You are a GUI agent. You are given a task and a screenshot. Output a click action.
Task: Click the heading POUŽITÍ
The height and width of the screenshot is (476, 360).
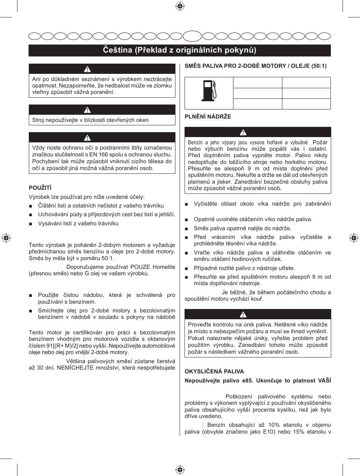[40, 188]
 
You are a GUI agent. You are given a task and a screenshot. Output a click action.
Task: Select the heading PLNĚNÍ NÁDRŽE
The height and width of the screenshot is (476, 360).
[208, 117]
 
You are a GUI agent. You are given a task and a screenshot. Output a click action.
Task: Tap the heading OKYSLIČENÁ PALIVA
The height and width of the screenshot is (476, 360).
[214, 371]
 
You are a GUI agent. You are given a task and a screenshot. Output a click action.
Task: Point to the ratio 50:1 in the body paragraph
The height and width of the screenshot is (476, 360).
[106, 258]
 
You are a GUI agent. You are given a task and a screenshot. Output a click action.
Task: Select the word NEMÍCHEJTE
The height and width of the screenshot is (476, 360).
[72, 368]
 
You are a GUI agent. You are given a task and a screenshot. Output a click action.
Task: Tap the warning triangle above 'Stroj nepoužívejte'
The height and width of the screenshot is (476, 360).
[88, 110]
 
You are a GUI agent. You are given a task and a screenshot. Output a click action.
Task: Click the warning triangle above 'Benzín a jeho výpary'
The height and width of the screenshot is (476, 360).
[243, 133]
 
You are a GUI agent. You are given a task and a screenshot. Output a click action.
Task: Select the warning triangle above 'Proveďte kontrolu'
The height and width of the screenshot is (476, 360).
[243, 315]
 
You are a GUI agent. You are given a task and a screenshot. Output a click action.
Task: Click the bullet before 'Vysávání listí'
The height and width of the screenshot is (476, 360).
[31, 223]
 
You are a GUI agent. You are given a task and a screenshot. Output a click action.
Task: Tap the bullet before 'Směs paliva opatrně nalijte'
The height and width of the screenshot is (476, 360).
[186, 228]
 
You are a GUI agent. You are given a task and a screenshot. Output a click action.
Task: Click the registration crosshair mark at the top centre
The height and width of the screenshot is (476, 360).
[180, 6]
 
